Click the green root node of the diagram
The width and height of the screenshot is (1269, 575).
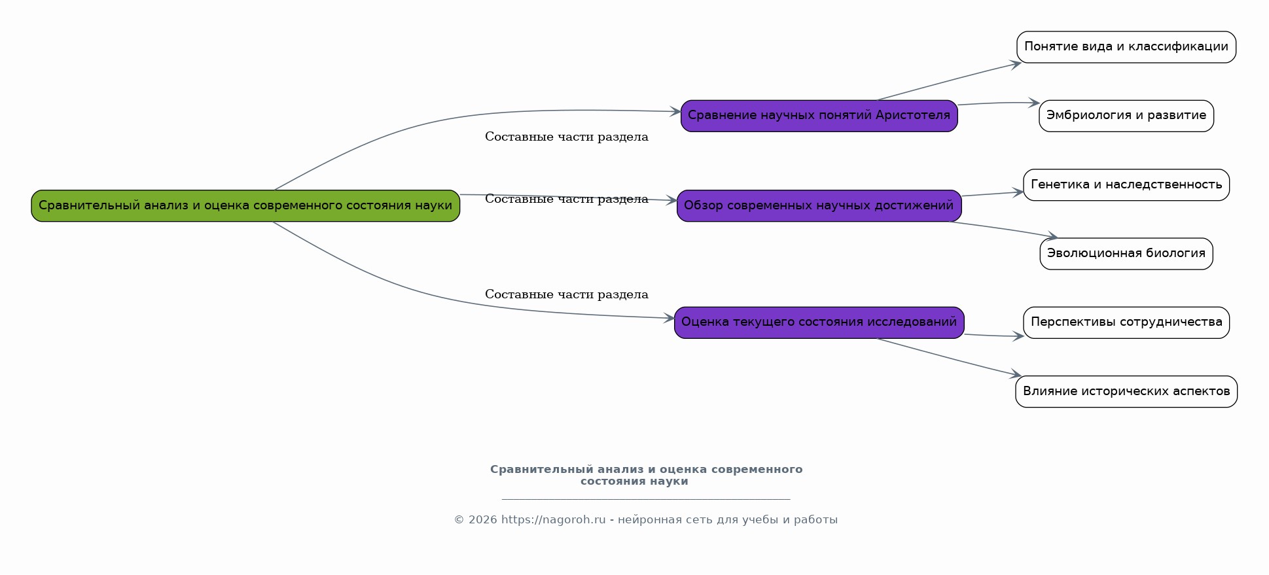245,206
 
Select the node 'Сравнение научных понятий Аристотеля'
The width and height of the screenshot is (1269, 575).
819,116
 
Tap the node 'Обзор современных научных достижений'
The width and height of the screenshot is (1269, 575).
819,206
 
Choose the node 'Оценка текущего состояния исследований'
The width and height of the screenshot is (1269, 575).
819,322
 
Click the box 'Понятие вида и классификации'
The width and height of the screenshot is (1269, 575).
1126,47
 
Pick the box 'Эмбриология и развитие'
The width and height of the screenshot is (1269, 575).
1126,116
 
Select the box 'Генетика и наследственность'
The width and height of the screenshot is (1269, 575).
1126,185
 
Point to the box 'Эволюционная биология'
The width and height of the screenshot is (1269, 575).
1126,254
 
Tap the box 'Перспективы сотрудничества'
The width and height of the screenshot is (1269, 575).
1126,322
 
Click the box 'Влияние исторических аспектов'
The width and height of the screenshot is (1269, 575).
1126,392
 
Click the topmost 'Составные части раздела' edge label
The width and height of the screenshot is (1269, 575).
566,137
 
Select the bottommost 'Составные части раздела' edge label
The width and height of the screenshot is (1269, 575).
566,295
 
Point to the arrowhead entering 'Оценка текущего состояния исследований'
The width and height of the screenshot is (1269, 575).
669,319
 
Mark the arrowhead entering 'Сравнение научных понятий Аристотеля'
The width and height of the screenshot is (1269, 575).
675,112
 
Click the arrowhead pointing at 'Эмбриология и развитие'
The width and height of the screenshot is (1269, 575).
1034,103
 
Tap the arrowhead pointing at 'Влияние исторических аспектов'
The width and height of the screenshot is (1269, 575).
1016,375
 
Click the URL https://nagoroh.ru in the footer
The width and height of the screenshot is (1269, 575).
553,520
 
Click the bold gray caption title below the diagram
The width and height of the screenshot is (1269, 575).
646,476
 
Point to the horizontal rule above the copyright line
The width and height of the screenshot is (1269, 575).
646,499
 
